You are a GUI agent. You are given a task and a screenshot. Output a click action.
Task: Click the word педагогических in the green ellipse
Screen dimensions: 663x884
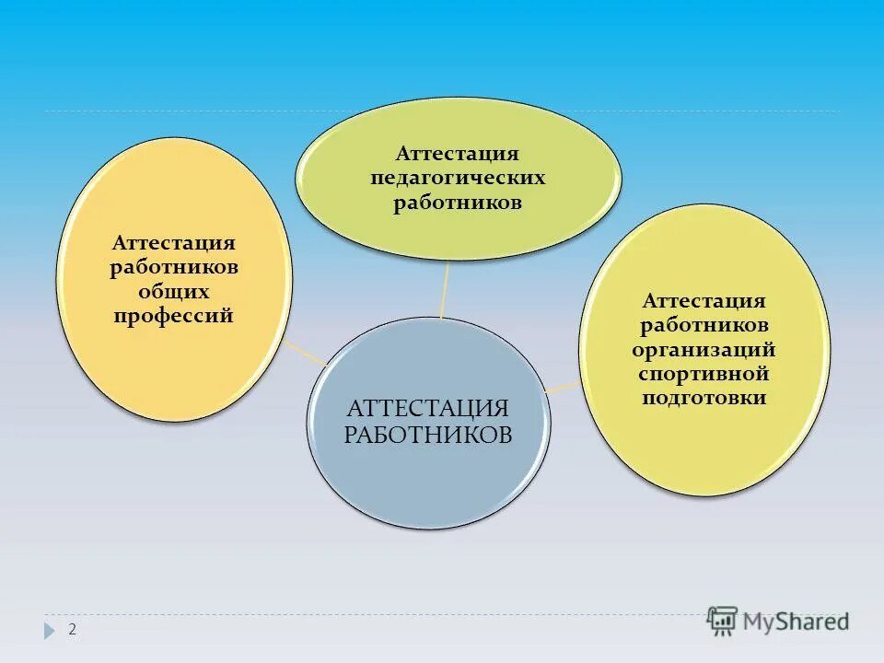click(458, 178)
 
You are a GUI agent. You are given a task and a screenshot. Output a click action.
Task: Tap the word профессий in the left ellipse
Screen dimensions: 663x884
click(173, 317)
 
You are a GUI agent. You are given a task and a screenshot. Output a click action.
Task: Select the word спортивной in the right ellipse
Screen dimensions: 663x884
click(704, 375)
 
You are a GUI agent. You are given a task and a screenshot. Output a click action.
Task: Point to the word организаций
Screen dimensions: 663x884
click(704, 351)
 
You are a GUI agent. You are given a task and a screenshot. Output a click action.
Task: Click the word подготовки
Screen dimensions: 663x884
click(704, 399)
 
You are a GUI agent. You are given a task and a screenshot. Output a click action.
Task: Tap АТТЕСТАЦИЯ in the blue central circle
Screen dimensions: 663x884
click(428, 409)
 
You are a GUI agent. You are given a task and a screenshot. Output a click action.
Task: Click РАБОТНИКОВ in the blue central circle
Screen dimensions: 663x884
click(428, 435)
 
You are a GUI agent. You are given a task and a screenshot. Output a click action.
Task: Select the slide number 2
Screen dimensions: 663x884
click(72, 630)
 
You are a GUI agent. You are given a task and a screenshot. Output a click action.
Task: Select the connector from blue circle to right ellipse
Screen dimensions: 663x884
click(563, 387)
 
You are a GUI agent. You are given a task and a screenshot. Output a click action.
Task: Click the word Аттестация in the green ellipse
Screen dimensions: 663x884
click(458, 154)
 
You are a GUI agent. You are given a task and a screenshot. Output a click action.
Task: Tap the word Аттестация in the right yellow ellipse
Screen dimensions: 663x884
click(704, 302)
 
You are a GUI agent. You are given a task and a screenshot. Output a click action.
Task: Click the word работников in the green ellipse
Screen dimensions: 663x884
click(458, 203)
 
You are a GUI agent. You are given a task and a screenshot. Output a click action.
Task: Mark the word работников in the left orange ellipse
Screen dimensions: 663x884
click(174, 268)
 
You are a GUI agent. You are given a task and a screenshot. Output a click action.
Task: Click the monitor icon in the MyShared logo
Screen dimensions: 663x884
click(722, 621)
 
